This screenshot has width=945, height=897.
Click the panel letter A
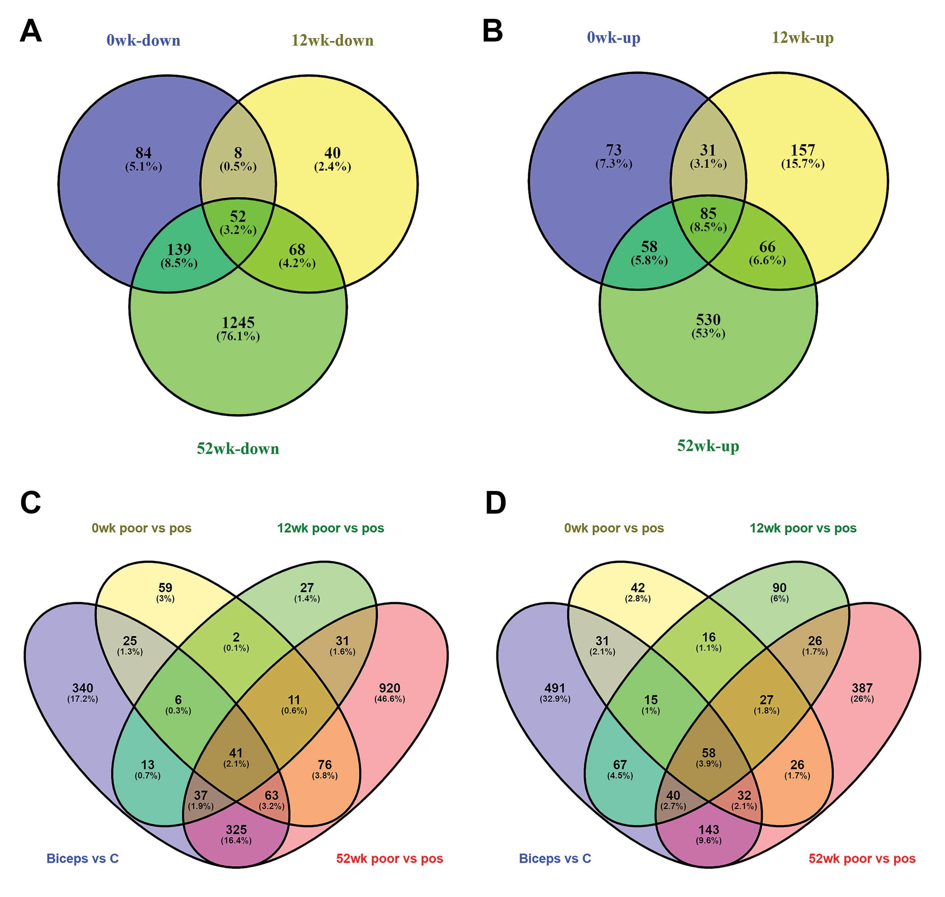(30, 31)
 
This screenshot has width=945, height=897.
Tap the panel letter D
(495, 503)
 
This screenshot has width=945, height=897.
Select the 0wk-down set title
(143, 40)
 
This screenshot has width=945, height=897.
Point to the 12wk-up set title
(803, 37)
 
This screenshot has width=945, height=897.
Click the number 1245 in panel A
(238, 322)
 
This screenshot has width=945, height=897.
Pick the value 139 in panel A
(179, 249)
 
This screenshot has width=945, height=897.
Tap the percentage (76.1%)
(238, 336)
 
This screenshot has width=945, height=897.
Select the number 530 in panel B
(708, 319)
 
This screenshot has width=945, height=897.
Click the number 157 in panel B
(803, 150)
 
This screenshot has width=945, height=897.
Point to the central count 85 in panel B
(708, 213)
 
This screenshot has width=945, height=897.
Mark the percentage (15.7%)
(803, 164)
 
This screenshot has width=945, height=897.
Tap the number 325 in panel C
(236, 830)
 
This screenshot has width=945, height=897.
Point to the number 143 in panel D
(709, 830)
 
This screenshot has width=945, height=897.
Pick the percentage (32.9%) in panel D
(555, 699)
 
